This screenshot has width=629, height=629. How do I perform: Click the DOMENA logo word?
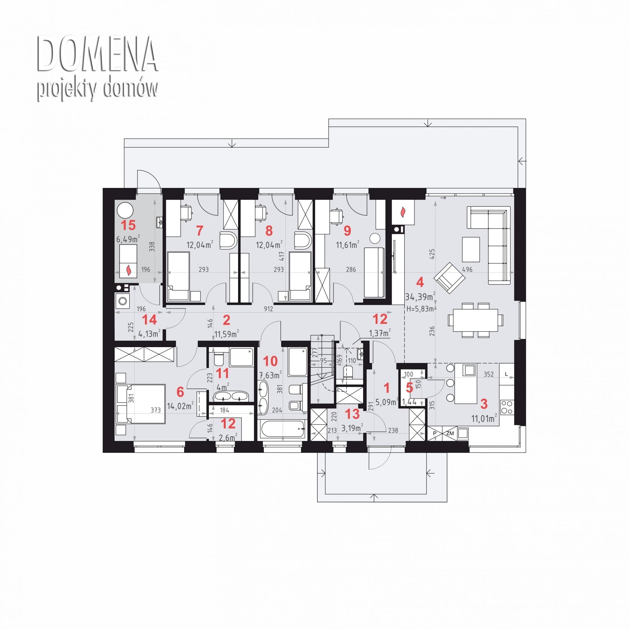coord(97,54)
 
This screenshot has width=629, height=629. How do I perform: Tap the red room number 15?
coord(128,225)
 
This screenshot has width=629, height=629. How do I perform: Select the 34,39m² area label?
coord(420,297)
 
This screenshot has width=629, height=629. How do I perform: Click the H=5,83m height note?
coord(420,309)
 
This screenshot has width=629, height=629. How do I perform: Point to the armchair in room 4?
coord(449,277)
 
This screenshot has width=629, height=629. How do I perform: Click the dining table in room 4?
coord(475,320)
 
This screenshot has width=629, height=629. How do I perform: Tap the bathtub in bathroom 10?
coord(283,429)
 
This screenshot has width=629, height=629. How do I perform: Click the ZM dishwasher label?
coord(450,434)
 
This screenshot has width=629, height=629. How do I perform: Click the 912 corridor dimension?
coord(268,309)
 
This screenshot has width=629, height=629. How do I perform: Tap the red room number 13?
coord(352,414)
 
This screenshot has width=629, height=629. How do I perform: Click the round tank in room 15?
coord(125,210)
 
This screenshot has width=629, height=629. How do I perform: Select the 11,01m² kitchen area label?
coord(484,418)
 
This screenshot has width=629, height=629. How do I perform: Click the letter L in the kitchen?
coord(507,374)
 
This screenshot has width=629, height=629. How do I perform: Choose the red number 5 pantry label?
coord(410,388)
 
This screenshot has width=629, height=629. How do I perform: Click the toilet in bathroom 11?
coord(218,358)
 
